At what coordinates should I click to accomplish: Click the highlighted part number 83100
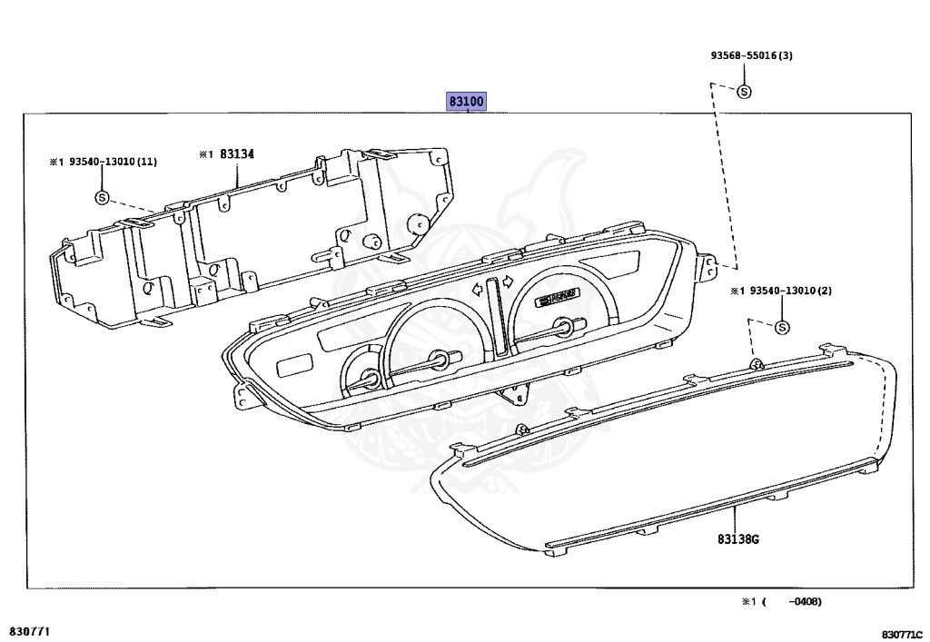pos(466,102)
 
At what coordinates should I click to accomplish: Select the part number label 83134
pos(235,154)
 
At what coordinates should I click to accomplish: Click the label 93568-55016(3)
pos(751,55)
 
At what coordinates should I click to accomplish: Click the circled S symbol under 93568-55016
pos(743,91)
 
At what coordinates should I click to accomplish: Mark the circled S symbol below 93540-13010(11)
pos(101,197)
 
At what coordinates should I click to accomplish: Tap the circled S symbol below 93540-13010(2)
pos(782,328)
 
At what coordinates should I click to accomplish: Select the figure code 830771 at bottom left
pos(30,629)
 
